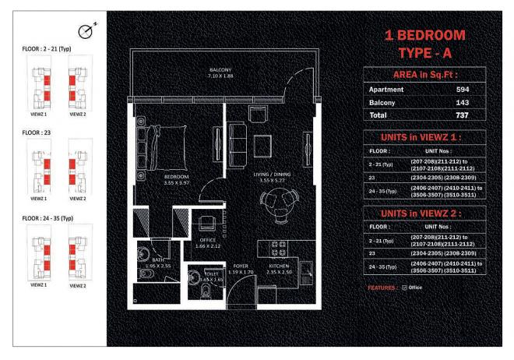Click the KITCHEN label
(278, 269)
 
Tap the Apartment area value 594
(462, 89)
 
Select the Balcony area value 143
(462, 102)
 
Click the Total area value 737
(462, 115)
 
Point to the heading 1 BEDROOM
(424, 35)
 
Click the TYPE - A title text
(424, 52)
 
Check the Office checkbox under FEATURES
(406, 288)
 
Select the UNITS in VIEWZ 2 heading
(424, 212)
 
